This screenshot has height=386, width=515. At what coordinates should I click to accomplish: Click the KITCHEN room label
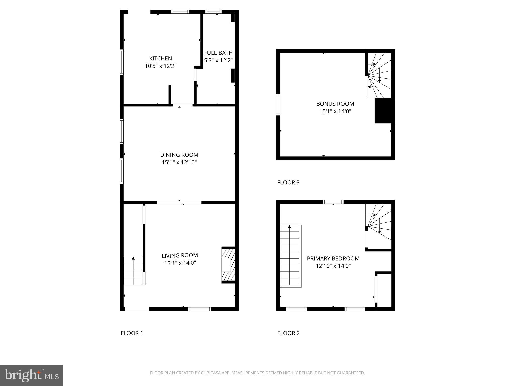(x=160, y=58)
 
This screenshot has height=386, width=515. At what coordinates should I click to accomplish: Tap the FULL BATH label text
(x=218, y=53)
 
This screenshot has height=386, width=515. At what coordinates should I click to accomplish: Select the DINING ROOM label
(x=179, y=155)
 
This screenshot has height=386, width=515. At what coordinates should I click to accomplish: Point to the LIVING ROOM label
(x=180, y=255)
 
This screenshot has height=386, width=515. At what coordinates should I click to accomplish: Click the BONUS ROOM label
(x=335, y=104)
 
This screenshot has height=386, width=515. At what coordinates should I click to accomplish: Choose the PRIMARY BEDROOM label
(x=333, y=258)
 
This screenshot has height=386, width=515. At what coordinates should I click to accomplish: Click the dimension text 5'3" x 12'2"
(x=218, y=60)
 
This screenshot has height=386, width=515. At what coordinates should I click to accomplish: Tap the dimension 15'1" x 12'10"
(x=179, y=162)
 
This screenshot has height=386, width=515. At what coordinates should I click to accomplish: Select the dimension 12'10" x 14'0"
(x=333, y=266)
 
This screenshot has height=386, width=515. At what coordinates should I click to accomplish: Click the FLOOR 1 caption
(x=132, y=333)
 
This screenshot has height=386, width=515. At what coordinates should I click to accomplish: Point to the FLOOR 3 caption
(x=288, y=182)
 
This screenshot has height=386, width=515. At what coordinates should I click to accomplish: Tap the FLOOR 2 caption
(x=288, y=333)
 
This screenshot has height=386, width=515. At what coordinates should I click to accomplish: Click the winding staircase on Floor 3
(x=379, y=75)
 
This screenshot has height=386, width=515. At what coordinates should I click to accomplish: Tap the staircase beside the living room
(x=134, y=271)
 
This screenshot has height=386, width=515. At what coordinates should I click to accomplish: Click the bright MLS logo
(x=31, y=375)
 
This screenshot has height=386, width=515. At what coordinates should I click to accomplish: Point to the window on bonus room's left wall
(x=278, y=105)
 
